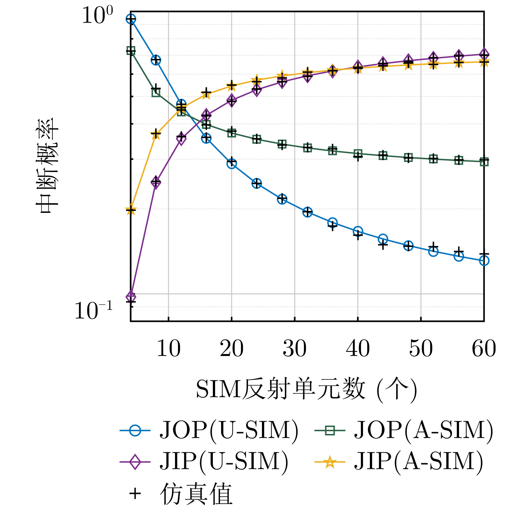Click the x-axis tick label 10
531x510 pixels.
pos(169,348)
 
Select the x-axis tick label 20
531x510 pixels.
pos(232,348)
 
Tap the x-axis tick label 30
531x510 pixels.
pos(295,348)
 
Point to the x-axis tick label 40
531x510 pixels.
pos(358,348)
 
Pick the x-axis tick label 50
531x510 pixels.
pos(421,348)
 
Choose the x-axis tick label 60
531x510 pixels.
pos(484,348)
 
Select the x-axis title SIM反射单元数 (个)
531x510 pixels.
pos(306,389)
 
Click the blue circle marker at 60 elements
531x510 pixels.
pos(484,260)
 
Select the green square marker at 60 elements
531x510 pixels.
pos(484,162)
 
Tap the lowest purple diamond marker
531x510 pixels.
pos(131,296)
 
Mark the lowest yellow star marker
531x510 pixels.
pos(131,210)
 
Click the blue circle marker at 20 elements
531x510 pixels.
pos(232,164)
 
